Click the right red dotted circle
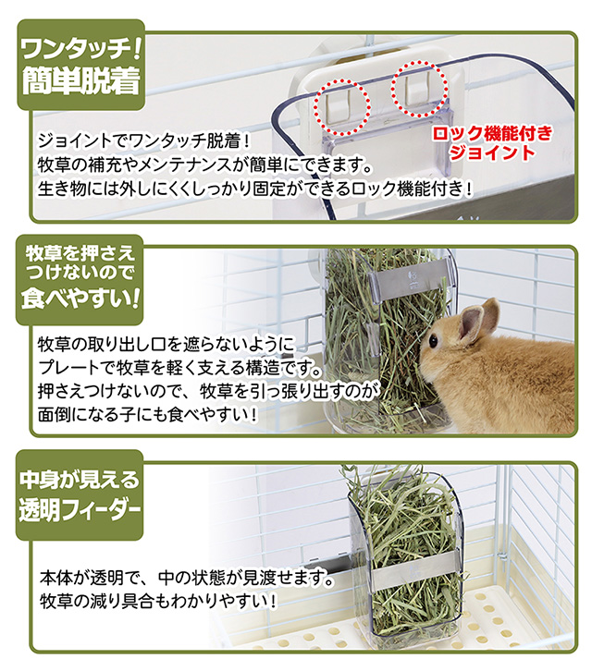[415, 91]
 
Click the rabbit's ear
[474, 319]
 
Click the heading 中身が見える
[80, 479]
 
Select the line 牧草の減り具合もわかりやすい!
[158, 602]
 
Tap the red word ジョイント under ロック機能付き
[497, 153]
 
